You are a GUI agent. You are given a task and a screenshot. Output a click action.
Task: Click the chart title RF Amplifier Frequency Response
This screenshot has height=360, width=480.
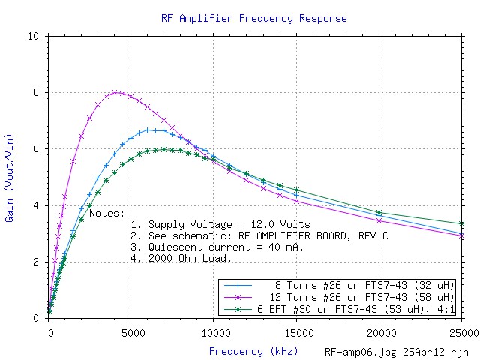[244, 17]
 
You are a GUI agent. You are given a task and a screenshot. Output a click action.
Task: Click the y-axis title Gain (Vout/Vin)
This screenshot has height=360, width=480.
[10, 177]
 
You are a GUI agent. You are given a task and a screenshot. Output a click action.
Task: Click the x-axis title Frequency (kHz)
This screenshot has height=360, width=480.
[253, 350]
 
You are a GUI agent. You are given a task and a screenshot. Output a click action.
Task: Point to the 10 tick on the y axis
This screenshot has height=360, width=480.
[35, 36]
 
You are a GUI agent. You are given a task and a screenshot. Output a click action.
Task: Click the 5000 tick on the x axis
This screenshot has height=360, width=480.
[132, 328]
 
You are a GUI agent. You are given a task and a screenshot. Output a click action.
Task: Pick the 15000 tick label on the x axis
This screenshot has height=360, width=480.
[297, 328]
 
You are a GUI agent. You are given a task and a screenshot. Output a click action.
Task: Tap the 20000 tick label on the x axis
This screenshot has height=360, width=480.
[379, 328]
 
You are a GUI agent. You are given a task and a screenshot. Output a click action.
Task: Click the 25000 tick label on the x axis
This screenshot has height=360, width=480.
[459, 328]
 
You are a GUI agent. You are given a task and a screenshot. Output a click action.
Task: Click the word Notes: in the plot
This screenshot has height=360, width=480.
[107, 213]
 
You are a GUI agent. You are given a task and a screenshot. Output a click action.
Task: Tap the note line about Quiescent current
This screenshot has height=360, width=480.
[217, 247]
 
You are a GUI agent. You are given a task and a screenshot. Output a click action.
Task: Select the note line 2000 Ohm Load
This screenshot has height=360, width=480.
[181, 258]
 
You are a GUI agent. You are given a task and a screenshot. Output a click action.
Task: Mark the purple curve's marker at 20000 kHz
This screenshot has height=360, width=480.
[379, 220]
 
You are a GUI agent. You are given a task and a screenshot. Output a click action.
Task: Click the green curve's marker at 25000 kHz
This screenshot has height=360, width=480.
[462, 223]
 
